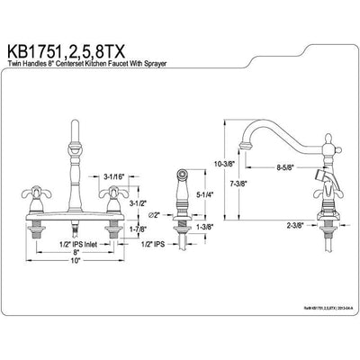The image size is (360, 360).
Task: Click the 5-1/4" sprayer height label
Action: click(203, 217)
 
